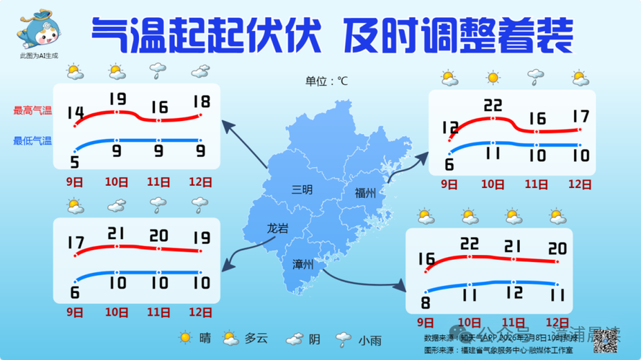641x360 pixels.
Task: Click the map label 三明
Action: pos(302,191)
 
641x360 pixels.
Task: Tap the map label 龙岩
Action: pos(277,228)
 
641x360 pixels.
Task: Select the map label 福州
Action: pos(365,193)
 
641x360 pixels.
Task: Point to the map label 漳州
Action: pos(302,264)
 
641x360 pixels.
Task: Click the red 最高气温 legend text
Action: pos(32,111)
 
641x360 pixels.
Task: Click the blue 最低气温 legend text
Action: pos(32,141)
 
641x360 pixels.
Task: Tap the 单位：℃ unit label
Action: pos(326,81)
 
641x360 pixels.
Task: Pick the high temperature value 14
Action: pos(75,112)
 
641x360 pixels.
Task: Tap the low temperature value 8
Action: pos(426,302)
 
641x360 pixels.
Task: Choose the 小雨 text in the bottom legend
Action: pos(369,340)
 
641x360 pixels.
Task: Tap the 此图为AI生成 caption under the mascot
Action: pos(40,55)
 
